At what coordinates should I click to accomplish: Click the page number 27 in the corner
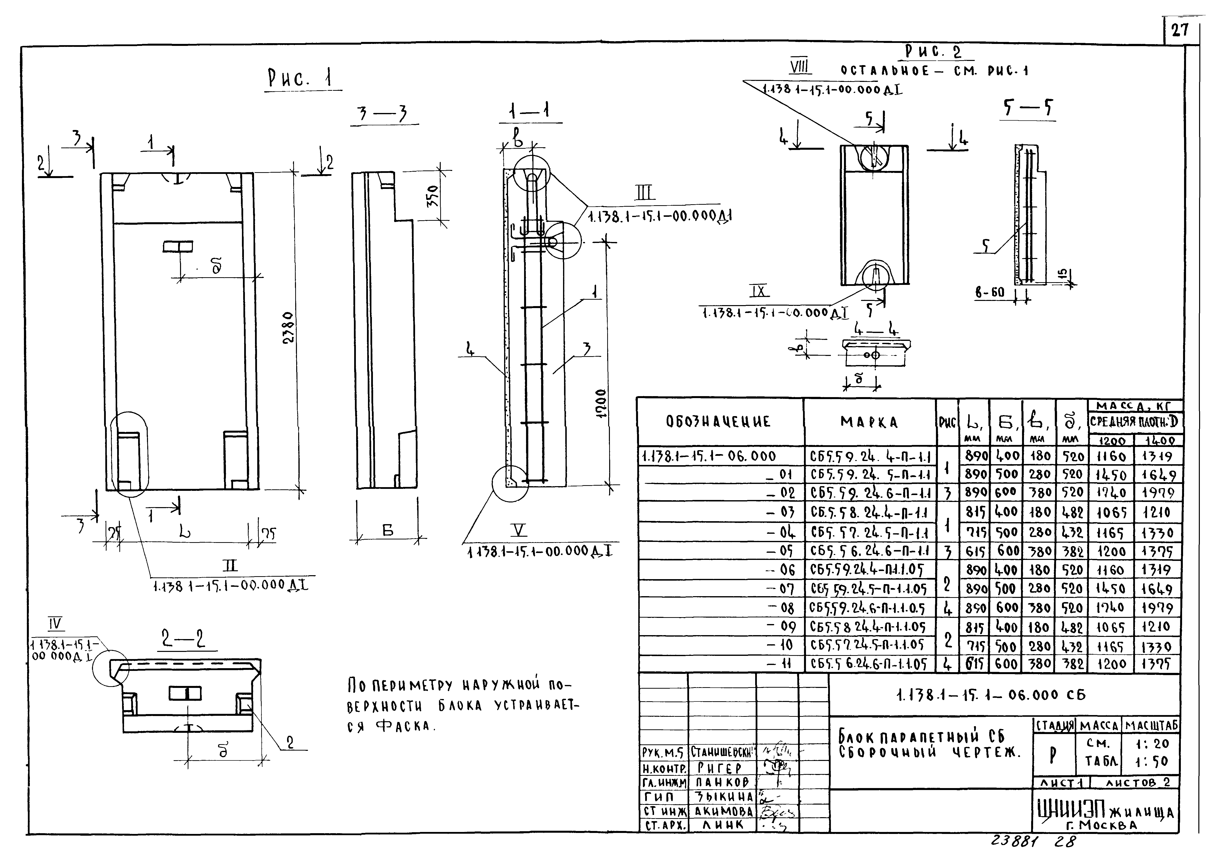[1180, 30]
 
